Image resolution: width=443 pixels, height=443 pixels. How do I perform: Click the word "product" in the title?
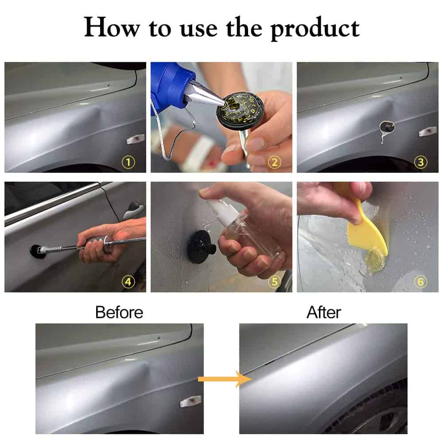315,28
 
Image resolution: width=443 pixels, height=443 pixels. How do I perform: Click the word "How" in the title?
112,27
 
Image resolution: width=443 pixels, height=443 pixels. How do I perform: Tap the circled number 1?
128,162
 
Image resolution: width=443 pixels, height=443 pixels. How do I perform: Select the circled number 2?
274,163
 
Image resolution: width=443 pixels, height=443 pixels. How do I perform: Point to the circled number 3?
421,162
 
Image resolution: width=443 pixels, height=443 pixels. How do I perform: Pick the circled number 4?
128,282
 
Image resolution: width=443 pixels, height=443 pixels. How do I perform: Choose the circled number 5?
274,282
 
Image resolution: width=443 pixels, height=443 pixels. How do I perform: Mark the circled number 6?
421,282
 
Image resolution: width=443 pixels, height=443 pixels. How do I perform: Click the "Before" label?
119,312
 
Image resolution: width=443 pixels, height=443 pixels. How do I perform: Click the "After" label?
324,312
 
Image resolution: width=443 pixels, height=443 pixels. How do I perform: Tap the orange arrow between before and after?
225,379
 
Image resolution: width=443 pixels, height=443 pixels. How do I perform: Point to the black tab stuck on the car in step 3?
387,127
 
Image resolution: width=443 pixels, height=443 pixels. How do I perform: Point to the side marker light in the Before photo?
191,401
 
